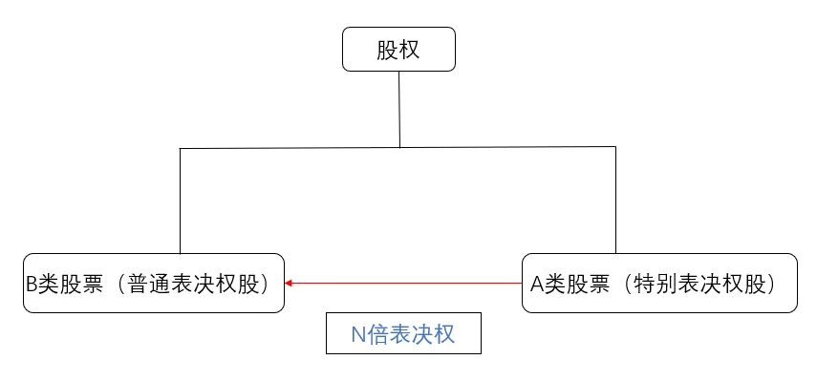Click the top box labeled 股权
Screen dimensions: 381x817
pyautogui.click(x=398, y=50)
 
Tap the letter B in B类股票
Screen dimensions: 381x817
pyautogui.click(x=31, y=284)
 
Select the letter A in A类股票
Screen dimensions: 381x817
pyautogui.click(x=537, y=284)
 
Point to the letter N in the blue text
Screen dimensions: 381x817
pyautogui.click(x=358, y=334)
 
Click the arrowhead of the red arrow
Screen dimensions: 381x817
pyautogui.click(x=290, y=283)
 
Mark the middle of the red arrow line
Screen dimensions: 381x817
pyautogui.click(x=404, y=283)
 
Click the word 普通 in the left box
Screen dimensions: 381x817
pyautogui.click(x=151, y=284)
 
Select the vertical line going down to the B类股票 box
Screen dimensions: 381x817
pyautogui.click(x=180, y=201)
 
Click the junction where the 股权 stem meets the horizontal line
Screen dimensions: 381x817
pyautogui.click(x=399, y=147)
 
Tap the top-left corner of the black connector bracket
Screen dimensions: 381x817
pyautogui.click(x=180, y=149)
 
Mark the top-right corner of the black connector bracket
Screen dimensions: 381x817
pyautogui.click(x=615, y=147)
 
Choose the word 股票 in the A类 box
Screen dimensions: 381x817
pyautogui.click(x=588, y=284)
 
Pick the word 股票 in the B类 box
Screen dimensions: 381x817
pyautogui.click(x=81, y=284)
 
